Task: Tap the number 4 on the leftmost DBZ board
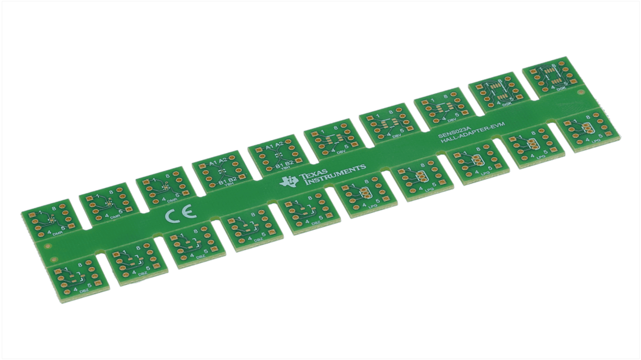75,289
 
